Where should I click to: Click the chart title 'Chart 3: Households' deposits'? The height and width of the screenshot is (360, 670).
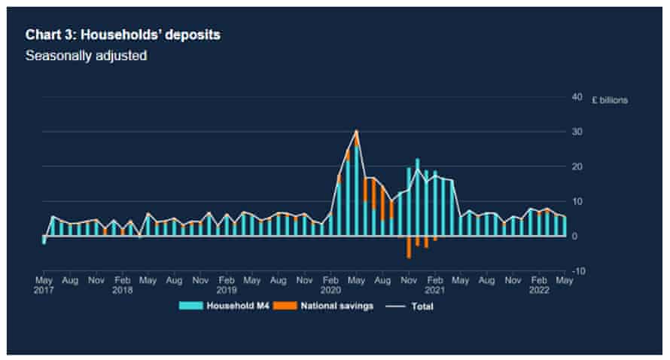coord(123,35)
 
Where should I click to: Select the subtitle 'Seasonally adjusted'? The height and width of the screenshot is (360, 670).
coord(86,56)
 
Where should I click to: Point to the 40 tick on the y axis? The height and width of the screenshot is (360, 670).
coord(577,97)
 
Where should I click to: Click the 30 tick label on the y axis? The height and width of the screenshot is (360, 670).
coord(577,132)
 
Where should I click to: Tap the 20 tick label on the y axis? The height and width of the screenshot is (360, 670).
coord(577,166)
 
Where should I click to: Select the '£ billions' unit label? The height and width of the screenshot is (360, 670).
coord(609,99)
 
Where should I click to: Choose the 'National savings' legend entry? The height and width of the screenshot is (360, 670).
coord(328,306)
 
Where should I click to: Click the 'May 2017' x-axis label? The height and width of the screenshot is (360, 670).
coord(44,284)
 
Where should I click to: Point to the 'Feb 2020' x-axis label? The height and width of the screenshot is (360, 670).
coord(330,284)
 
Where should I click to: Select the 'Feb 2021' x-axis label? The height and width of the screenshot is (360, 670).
coord(434,284)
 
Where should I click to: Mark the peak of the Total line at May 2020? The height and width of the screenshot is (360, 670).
coord(356,131)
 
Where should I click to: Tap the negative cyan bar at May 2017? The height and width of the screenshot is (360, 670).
coord(44,239)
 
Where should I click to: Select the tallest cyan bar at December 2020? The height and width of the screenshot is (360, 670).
coord(418,197)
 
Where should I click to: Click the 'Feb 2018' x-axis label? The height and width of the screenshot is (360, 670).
coord(122,284)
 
